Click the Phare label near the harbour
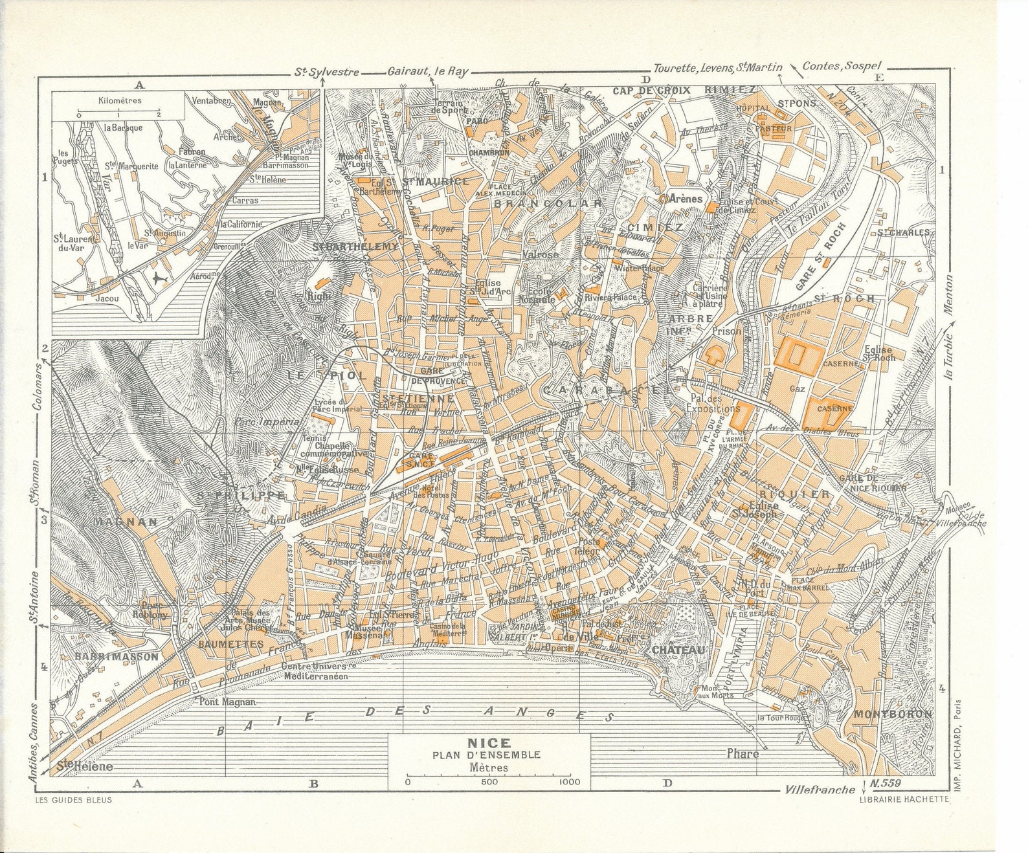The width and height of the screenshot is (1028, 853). click(743, 753)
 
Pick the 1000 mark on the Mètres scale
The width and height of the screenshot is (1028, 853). click(570, 782)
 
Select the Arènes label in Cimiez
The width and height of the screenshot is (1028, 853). click(686, 199)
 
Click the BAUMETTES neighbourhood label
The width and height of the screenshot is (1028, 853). click(222, 644)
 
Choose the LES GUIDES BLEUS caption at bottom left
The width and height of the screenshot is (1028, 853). click(72, 800)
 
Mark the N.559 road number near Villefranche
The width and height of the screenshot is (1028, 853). click(887, 783)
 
